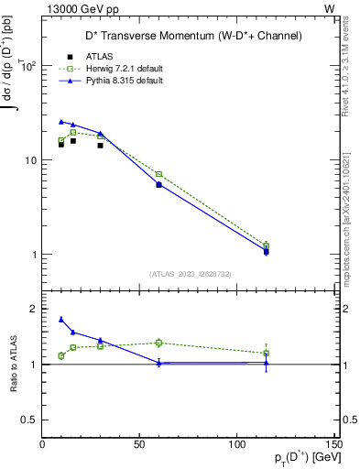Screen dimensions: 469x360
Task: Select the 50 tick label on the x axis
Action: (139, 444)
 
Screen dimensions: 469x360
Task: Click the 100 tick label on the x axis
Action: (237, 444)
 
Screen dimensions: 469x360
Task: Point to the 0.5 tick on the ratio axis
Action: (31, 420)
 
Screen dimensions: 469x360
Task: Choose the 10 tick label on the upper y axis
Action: (28, 160)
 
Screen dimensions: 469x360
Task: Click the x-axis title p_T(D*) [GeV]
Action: (301, 458)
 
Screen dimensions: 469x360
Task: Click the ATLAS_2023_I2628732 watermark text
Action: (190, 274)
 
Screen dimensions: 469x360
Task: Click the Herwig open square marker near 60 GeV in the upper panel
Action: (158, 174)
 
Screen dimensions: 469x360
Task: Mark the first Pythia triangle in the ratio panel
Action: (61, 319)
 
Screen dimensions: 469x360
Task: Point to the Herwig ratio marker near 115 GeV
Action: (266, 353)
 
